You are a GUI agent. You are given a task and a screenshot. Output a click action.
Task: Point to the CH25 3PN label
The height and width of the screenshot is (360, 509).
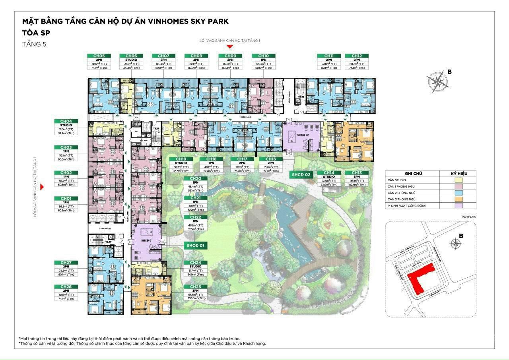coord(195,287)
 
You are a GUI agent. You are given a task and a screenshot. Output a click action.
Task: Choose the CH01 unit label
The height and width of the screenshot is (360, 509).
coord(66,198)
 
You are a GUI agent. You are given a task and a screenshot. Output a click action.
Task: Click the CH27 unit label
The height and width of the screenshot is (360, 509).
coord(66,263)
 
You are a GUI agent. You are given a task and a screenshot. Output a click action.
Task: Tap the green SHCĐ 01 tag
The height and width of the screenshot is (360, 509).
coord(195,246)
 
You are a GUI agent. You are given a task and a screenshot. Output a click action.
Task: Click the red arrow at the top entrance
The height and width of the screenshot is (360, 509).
coord(230,46)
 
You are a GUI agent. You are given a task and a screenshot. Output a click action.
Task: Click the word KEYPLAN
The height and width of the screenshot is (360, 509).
coord(469,217)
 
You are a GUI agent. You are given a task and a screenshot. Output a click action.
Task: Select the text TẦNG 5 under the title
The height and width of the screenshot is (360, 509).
coord(35,44)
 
